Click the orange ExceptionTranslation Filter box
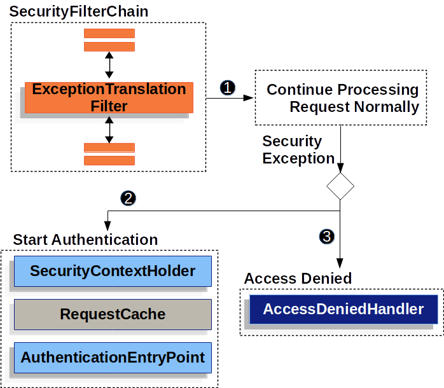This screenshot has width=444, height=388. tap(109, 97)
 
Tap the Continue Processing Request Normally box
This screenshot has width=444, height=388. tap(340, 98)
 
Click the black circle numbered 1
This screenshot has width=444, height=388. tap(228, 88)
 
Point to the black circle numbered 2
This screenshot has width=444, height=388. tap(128, 198)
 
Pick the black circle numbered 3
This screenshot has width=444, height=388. tap(326, 237)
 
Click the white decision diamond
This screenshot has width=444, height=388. tap(340, 186)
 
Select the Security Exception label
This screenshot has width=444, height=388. tap(298, 150)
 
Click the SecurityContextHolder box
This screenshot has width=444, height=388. tap(113, 272)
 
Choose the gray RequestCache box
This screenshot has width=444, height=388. tap(113, 314)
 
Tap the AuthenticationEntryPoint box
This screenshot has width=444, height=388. tap(113, 357)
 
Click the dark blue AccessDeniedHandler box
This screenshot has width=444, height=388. tap(343, 310)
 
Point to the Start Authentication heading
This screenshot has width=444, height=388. tap(85, 240)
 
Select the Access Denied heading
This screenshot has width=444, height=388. tap(298, 279)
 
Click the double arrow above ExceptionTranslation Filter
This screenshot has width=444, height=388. tap(109, 66)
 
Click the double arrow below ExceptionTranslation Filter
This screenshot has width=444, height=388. tap(109, 130)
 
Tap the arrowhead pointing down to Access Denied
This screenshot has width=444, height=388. tap(340, 265)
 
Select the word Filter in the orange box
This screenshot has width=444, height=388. tap(109, 106)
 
